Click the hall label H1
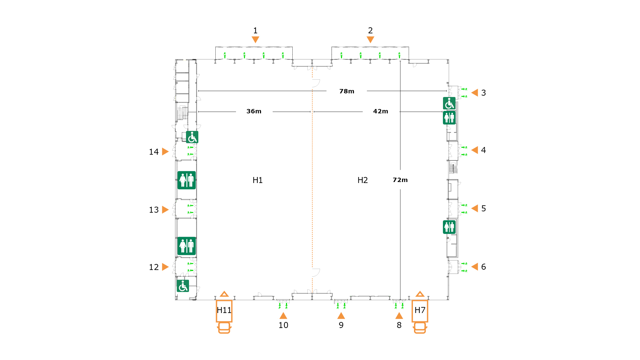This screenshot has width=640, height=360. click(258, 180)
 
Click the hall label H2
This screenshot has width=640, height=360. click(363, 180)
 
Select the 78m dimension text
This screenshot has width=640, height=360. click(347, 91)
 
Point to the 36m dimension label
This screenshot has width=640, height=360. click(254, 111)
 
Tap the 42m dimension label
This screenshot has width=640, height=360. click(381, 111)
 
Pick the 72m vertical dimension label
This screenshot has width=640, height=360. click(400, 180)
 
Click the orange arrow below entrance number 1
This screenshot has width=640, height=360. click(255, 40)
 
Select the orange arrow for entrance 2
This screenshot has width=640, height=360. click(370, 40)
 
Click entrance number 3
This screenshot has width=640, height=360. click(484, 93)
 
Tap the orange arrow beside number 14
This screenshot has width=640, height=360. click(165, 152)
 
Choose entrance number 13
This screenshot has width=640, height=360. click(154, 210)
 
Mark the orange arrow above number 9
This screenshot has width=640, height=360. click(341, 316)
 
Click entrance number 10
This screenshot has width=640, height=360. click(283, 325)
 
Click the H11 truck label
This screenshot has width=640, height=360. click(224, 310)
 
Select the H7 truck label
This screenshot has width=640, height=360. click(420, 310)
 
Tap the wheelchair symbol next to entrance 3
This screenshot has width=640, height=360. click(449, 103)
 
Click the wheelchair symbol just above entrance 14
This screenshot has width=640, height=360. click(192, 137)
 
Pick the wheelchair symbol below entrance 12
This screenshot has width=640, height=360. click(183, 286)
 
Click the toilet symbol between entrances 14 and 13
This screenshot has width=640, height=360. click(187, 180)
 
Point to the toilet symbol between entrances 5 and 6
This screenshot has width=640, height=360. click(449, 227)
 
